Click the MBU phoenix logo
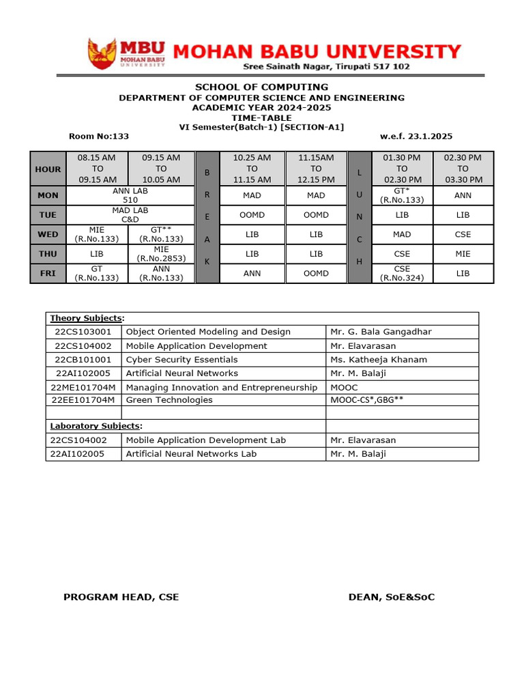pos(102,54)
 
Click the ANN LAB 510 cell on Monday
pos(130,195)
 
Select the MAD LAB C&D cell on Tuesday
pos(130,215)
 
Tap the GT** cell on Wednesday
pos(161,234)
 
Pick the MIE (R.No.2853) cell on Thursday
pos(161,254)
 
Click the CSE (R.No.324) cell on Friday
pos(402,273)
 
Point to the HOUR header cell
pos(48,169)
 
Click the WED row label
pos(48,234)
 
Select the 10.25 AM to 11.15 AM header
pos(252,169)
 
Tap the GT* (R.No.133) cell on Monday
pos(402,195)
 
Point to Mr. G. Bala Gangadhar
pos(381,332)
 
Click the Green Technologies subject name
pos(169,400)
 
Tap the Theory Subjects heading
pos(87,318)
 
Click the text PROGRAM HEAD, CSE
pos(121,597)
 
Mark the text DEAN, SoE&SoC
pos(391,597)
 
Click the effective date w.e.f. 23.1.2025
pos(416,137)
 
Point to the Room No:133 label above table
pos(99,137)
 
